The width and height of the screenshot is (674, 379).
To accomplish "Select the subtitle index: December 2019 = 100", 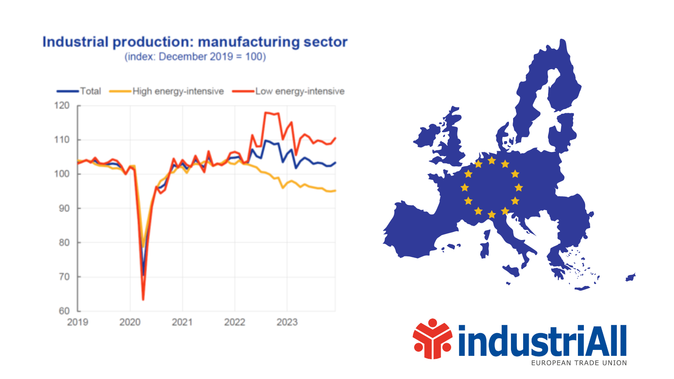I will coord(195,57).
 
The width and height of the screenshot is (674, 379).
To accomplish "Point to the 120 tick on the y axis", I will coord(62,106).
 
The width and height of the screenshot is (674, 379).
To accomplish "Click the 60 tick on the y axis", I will coord(64,311).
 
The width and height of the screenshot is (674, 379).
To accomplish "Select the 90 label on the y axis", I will coord(64,208).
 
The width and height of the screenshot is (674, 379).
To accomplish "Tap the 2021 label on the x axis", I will coord(182,323).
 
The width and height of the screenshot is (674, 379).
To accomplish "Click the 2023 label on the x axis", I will coord(287,323).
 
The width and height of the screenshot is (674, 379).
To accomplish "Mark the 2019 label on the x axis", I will coord(78,323).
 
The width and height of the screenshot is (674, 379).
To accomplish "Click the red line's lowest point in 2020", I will coord(143,299).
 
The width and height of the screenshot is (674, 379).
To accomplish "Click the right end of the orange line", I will coord(335,191).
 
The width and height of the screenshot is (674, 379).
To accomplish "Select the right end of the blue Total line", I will coord(335,163).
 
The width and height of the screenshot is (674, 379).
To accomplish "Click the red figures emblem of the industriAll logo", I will coord(432,339).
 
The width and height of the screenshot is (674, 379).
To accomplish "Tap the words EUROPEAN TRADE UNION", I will coord(579,363).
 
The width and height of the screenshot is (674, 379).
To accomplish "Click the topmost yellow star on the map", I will coord(492,160).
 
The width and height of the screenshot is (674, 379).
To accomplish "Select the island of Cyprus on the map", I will coord(631,277).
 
